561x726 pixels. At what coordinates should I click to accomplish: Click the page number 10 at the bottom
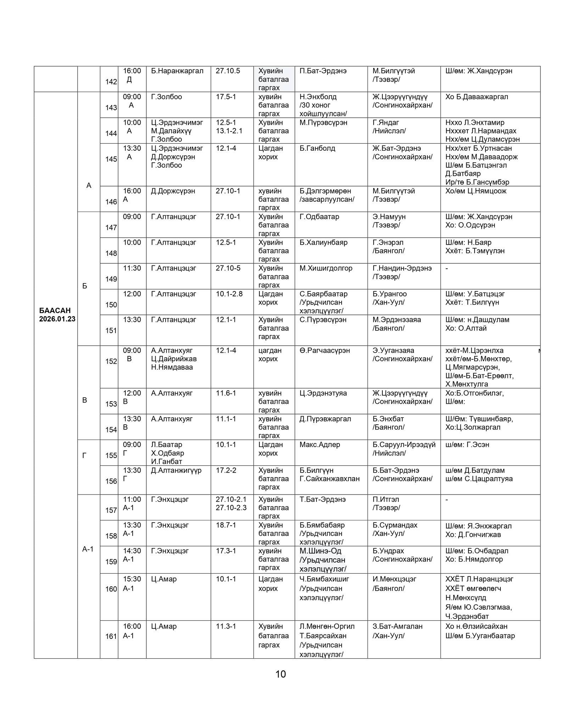coord(280,674)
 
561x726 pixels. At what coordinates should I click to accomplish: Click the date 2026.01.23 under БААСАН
coord(57,319)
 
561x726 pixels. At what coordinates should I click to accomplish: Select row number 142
coord(111,82)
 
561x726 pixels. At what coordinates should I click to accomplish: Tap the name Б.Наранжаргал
coord(177,71)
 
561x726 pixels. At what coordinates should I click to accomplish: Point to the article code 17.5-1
coord(226,97)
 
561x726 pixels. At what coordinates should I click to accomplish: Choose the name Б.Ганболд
coord(317,148)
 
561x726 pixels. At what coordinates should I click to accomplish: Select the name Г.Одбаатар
coord(319,217)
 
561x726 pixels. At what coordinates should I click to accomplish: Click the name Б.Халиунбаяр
coord(323,242)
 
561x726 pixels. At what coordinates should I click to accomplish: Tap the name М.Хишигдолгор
coord(326,268)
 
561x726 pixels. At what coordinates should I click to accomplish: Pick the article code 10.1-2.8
coord(229,294)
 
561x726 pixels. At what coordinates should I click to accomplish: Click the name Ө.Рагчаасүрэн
coord(325,350)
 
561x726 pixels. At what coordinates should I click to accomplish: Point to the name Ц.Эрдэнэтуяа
coord(323,393)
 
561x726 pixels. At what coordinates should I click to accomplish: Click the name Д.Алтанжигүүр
coord(176,470)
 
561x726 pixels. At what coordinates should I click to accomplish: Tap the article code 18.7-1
coord(226,525)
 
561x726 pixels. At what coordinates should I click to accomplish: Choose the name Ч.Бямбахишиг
coord(324,579)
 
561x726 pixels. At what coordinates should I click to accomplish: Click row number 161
coord(111,636)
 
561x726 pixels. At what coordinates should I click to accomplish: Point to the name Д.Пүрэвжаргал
coord(325,419)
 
